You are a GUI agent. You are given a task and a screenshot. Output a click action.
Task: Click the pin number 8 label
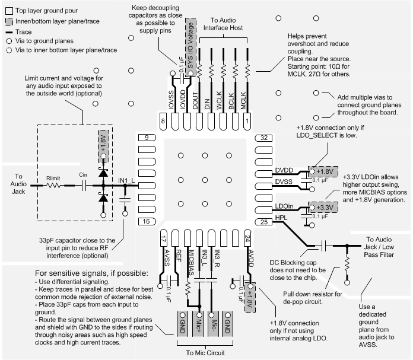click(x=163, y=122)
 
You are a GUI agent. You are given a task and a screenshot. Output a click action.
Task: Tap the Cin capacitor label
click(x=84, y=175)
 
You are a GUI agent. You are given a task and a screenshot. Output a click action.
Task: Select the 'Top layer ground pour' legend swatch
click(x=8, y=11)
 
